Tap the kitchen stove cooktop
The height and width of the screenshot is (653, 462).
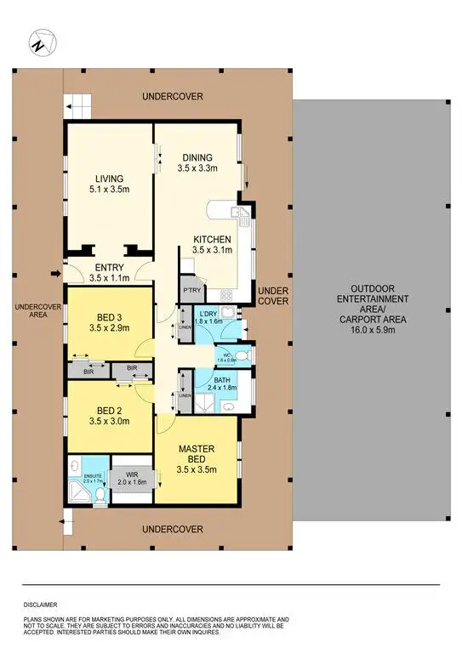tap(228, 295)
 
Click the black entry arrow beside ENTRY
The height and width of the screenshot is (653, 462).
tap(56, 274)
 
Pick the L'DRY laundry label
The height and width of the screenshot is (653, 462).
tap(208, 314)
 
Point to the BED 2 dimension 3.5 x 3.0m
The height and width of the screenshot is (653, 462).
tap(111, 417)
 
